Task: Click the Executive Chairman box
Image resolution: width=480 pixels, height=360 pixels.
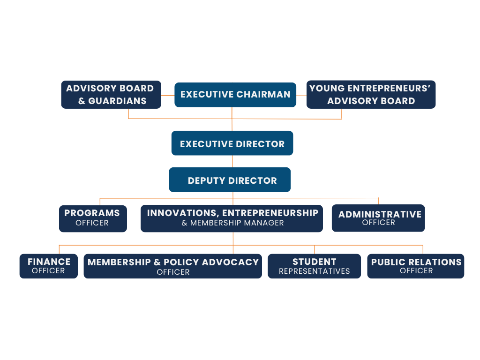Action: click(235, 95)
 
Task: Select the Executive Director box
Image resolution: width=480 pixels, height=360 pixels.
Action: click(232, 143)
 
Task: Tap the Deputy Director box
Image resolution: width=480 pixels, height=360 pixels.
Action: click(230, 180)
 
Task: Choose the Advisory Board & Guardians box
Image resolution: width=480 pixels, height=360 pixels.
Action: click(111, 95)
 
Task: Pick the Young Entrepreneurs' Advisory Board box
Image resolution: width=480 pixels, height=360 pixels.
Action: click(371, 95)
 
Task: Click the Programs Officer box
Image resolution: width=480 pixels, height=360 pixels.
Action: click(93, 218)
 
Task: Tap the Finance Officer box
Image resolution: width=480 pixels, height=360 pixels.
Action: click(49, 266)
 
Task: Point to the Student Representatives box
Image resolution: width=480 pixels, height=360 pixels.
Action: click(314, 266)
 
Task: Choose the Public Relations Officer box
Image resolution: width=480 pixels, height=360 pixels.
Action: click(416, 266)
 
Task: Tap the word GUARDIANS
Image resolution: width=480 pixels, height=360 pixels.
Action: click(117, 101)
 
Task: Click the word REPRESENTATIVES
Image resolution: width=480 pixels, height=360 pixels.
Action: click(314, 271)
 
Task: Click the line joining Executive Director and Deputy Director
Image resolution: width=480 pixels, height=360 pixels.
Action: click(232, 161)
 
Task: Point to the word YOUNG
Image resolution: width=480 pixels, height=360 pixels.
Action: click(327, 88)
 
